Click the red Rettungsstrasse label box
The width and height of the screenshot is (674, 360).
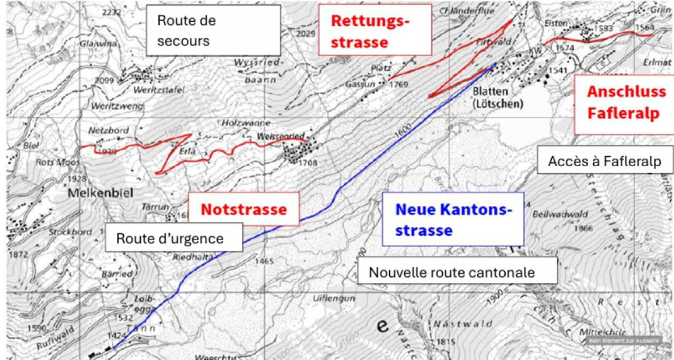(x=375, y=30)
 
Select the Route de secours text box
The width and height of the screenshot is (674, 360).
(x=213, y=31)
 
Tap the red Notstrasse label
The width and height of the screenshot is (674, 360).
(x=244, y=209)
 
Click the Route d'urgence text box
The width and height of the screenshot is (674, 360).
(x=174, y=237)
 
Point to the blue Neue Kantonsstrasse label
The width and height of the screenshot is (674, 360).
(x=453, y=219)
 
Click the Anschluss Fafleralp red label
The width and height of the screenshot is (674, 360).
(x=626, y=103)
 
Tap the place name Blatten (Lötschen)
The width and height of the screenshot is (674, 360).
(x=497, y=97)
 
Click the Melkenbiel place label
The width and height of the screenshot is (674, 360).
(x=101, y=194)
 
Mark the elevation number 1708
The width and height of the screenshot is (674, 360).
(x=307, y=163)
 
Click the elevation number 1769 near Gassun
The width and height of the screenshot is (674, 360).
(x=399, y=84)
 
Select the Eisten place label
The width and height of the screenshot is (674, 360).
(x=556, y=24)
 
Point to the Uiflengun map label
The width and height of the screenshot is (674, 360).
(x=333, y=298)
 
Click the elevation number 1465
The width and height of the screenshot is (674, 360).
(x=264, y=261)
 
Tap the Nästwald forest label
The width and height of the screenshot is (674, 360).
(x=462, y=323)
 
